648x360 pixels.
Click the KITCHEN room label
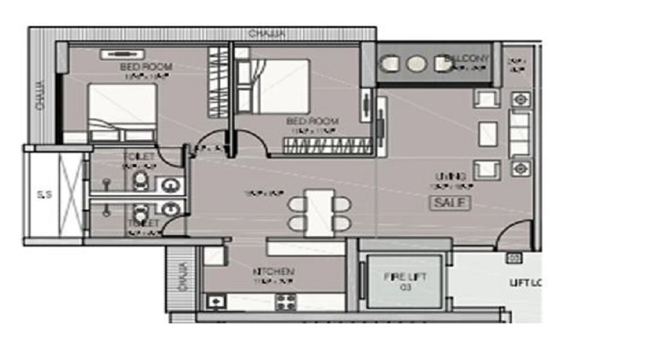[x=273, y=271]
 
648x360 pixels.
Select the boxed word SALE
[x=450, y=203]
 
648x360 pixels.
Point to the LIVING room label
[x=450, y=176]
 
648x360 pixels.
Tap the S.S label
[x=43, y=194]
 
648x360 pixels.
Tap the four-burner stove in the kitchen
[x=286, y=302]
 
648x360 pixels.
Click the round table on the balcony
[x=416, y=64]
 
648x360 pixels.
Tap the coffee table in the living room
[x=487, y=134]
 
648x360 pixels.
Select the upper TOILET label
[x=139, y=156]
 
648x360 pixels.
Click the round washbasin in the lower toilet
[x=170, y=210]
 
